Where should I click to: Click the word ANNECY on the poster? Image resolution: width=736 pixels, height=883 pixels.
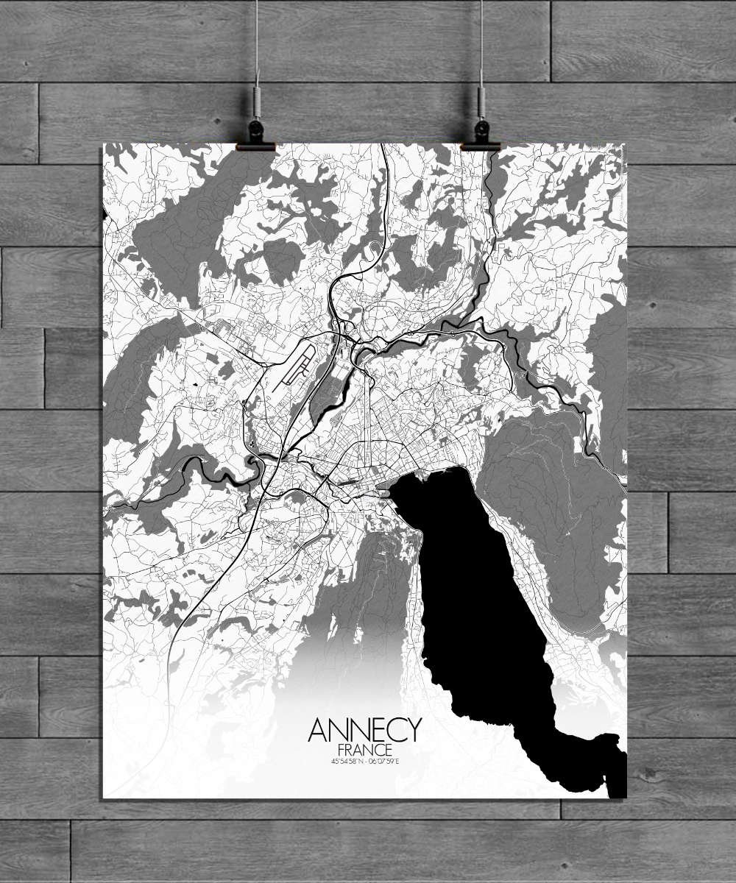[365, 730]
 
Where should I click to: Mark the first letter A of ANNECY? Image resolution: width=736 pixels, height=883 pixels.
[318, 730]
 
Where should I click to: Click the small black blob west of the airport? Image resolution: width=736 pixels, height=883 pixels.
[197, 383]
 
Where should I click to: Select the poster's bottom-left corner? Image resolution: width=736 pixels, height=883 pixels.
[103, 798]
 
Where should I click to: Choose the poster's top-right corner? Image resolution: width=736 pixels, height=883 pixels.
[626, 144]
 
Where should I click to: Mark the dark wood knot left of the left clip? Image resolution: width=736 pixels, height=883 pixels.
[219, 118]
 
